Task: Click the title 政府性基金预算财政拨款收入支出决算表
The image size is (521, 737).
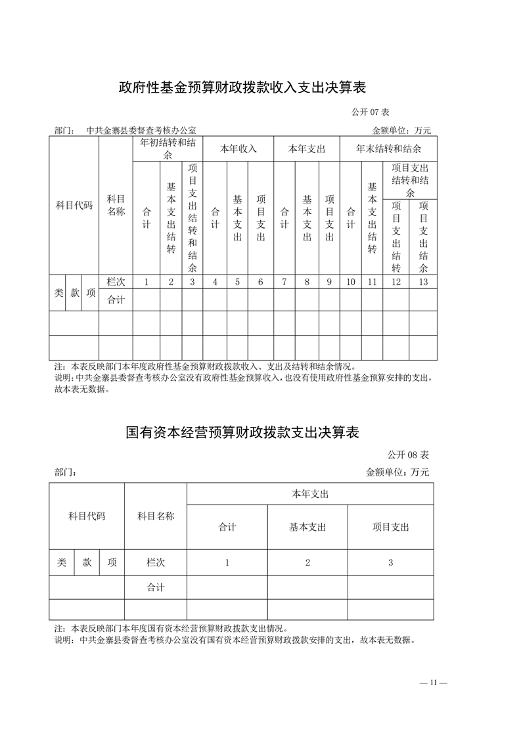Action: (242, 87)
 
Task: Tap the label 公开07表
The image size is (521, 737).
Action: (371, 112)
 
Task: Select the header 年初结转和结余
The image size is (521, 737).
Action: (167, 148)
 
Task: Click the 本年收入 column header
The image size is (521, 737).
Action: (238, 148)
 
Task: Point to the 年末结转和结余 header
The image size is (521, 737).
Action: (388, 148)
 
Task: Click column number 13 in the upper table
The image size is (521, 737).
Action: (423, 282)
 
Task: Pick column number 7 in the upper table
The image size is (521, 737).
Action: (284, 282)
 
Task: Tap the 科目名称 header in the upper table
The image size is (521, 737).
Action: (116, 205)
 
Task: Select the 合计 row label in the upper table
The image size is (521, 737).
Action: (116, 300)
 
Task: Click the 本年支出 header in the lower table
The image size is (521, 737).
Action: (310, 494)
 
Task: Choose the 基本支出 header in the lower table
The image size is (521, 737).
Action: (307, 527)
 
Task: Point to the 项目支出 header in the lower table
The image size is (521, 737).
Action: (390, 527)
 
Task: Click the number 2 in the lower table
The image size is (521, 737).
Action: (307, 563)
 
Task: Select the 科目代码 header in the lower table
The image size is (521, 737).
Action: (87, 516)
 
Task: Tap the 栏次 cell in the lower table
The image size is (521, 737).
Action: (156, 563)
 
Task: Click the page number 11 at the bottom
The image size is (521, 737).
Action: (433, 682)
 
